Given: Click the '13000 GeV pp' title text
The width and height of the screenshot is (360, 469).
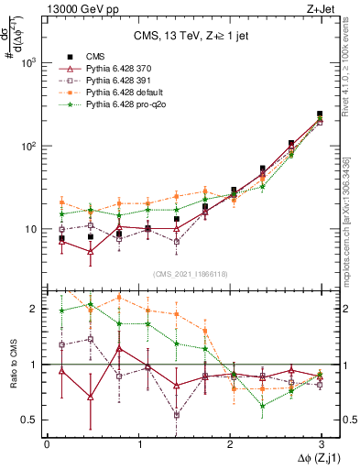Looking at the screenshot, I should (78, 10).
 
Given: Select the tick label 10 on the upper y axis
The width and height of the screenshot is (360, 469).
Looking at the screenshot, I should (33, 229).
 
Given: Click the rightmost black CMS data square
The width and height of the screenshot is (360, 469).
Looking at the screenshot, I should (320, 115).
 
